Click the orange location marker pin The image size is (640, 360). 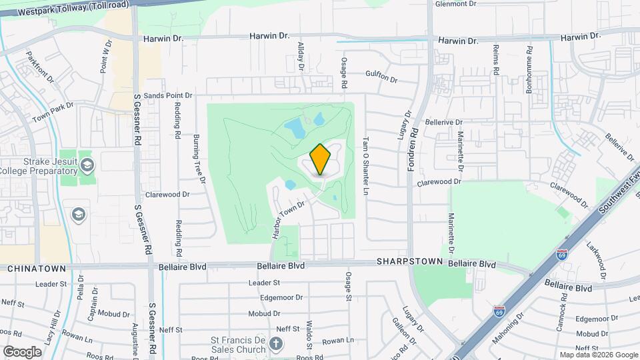click(320, 159)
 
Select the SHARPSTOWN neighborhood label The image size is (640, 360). click(410, 262)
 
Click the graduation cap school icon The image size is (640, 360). click(78, 215)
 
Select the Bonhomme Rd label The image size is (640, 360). click(529, 69)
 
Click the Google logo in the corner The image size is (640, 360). click(21, 351)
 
